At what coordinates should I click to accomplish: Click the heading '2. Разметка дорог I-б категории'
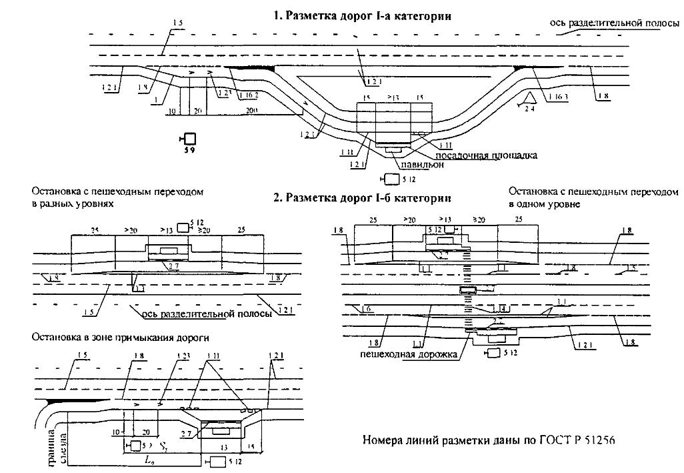click(x=362, y=198)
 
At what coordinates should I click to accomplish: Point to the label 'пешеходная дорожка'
click(x=409, y=355)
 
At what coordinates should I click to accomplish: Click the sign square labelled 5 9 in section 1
click(x=189, y=139)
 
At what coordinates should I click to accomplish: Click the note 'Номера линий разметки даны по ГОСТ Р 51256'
click(x=489, y=440)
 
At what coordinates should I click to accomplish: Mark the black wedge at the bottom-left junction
click(x=61, y=402)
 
